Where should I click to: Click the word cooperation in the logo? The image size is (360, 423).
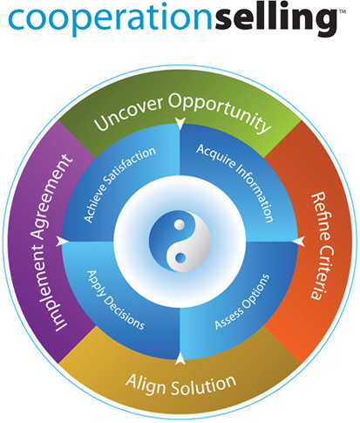tap(112, 19)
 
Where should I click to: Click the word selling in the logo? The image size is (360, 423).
tap(276, 18)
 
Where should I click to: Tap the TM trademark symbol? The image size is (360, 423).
tap(343, 11)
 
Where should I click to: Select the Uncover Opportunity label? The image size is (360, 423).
tap(182, 113)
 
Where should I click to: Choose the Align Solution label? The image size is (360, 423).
tap(180, 385)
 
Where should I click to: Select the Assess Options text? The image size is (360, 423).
tap(242, 302)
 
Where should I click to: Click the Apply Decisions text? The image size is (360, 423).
tap(116, 300)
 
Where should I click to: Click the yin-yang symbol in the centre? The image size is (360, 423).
tap(180, 241)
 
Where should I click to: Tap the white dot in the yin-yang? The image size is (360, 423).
tap(180, 224)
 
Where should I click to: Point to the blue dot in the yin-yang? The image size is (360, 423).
tap(180, 257)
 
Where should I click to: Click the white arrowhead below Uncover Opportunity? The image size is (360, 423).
tap(180, 123)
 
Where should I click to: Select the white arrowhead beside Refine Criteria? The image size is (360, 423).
tap(299, 242)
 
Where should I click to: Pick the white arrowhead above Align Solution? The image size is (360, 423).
tap(180, 358)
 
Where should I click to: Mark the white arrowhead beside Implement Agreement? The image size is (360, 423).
tap(62, 242)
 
